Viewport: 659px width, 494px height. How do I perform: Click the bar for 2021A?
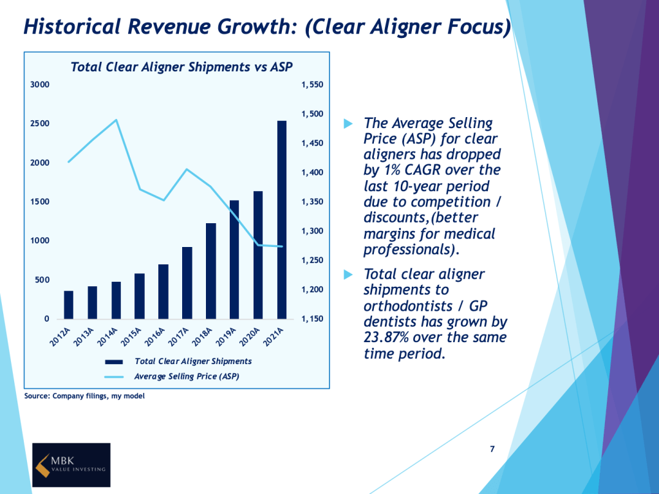point(282,220)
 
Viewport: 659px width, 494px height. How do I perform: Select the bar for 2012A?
point(69,305)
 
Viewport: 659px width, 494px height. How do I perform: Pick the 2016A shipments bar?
point(163,291)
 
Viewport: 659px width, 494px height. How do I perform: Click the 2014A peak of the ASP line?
point(116,120)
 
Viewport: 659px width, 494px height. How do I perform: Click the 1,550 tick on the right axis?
point(312,85)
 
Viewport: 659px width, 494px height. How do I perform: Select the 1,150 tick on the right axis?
point(312,319)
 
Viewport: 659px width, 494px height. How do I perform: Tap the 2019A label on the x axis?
point(227,336)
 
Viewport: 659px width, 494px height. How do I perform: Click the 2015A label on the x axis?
point(132,336)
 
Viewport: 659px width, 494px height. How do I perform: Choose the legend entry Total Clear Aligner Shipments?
point(192,361)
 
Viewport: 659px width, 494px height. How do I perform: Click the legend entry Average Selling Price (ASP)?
point(186,376)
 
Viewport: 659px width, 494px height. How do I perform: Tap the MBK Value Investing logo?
point(71,464)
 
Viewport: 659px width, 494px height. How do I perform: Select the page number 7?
point(492,449)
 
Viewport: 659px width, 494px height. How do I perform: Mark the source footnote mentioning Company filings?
point(84,396)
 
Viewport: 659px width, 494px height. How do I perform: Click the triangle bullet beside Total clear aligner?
point(349,275)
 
